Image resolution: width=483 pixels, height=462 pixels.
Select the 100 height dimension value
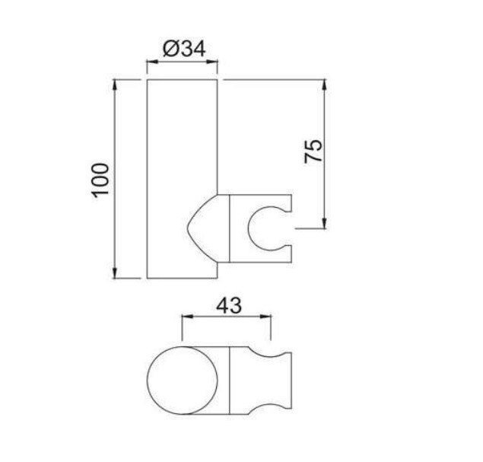[x=100, y=180]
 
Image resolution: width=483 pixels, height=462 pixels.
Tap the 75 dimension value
[x=313, y=151]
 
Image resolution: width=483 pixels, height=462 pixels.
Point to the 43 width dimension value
[x=227, y=306]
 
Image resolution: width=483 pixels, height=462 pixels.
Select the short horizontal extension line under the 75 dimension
[x=312, y=226]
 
